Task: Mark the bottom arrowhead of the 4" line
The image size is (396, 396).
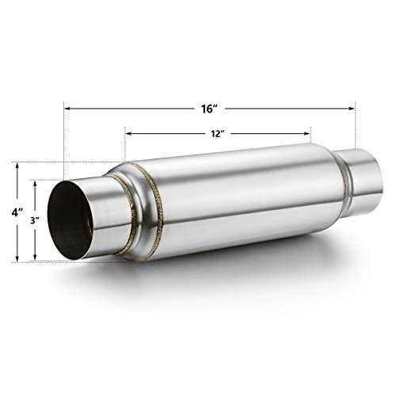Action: [x=17, y=258]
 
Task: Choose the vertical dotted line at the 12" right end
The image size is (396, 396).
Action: [x=310, y=141]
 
